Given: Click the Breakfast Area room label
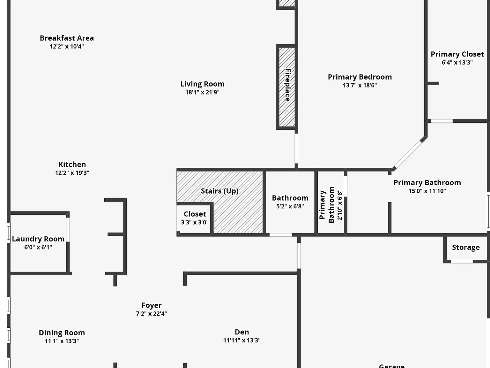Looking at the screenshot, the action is tap(67, 38).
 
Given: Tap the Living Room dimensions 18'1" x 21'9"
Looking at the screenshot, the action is tap(202, 92).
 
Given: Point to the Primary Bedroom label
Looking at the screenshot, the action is tap(360, 77).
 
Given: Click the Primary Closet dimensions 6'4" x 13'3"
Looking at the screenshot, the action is tap(457, 63).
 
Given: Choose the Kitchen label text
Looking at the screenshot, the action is tap(72, 165).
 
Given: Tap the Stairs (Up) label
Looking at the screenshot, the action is tap(219, 191).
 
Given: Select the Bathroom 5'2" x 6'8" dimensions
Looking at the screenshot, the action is tap(290, 206).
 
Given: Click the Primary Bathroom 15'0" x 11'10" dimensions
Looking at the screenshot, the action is tap(427, 191).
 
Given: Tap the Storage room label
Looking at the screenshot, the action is tap(466, 247).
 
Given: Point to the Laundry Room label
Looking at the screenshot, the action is tap(38, 239).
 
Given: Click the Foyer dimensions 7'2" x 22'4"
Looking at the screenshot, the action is tap(151, 314).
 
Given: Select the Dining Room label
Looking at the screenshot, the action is tap(62, 333).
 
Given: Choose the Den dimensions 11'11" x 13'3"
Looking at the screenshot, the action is tap(241, 341).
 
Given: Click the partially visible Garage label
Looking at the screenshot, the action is tap(392, 365).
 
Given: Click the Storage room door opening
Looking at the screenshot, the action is tap(462, 262).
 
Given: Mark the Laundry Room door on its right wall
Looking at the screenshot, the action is tap(68, 229).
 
